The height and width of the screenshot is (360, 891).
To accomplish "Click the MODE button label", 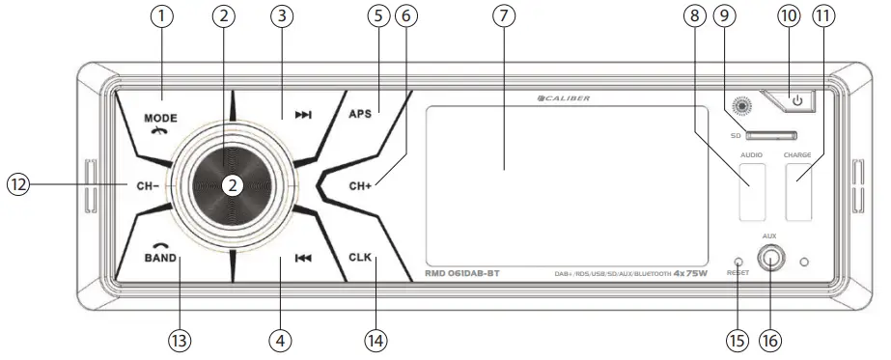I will (x=162, y=118).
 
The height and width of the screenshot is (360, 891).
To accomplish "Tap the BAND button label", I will (x=162, y=258).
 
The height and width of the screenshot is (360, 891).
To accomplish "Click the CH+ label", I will (x=362, y=182).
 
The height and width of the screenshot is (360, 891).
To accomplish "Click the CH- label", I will (x=139, y=183).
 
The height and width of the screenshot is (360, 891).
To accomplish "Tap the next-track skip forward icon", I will (x=303, y=115).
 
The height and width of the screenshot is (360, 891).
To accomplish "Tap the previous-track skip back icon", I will (x=303, y=259).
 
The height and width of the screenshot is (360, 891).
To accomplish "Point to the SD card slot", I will (x=770, y=136).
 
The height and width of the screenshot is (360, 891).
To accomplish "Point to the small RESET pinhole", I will (x=738, y=261).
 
